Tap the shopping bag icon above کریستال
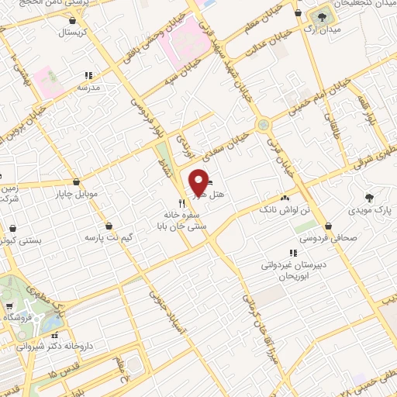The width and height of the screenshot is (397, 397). click(73, 21)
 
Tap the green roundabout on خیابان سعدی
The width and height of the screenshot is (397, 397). click(265, 123)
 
